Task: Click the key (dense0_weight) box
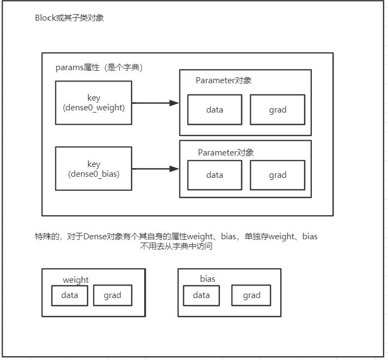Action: pyautogui.click(x=94, y=103)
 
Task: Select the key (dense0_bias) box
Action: pyautogui.click(x=94, y=169)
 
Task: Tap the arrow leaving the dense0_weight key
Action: pyautogui.click(x=155, y=103)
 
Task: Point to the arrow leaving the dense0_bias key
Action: pyautogui.click(x=155, y=169)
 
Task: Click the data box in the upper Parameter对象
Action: pyautogui.click(x=215, y=110)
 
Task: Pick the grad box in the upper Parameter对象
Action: pyautogui.click(x=278, y=110)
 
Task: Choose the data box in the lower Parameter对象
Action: pyautogui.click(x=215, y=175)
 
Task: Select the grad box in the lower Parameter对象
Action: pyautogui.click(x=278, y=175)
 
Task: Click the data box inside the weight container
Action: pyautogui.click(x=70, y=296)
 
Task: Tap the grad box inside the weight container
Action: pyautogui.click(x=113, y=296)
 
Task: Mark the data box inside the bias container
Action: pyautogui.click(x=201, y=296)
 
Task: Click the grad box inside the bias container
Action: pyautogui.click(x=252, y=296)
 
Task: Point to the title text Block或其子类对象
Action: pyautogui.click(x=69, y=18)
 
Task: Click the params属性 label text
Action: pyautogui.click(x=99, y=68)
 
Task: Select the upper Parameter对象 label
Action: pyautogui.click(x=224, y=80)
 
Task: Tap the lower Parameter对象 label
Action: pyautogui.click(x=226, y=153)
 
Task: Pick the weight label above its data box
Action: pyautogui.click(x=76, y=280)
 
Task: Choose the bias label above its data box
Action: pyautogui.click(x=207, y=279)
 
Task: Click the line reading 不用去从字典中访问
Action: pyautogui.click(x=176, y=246)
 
